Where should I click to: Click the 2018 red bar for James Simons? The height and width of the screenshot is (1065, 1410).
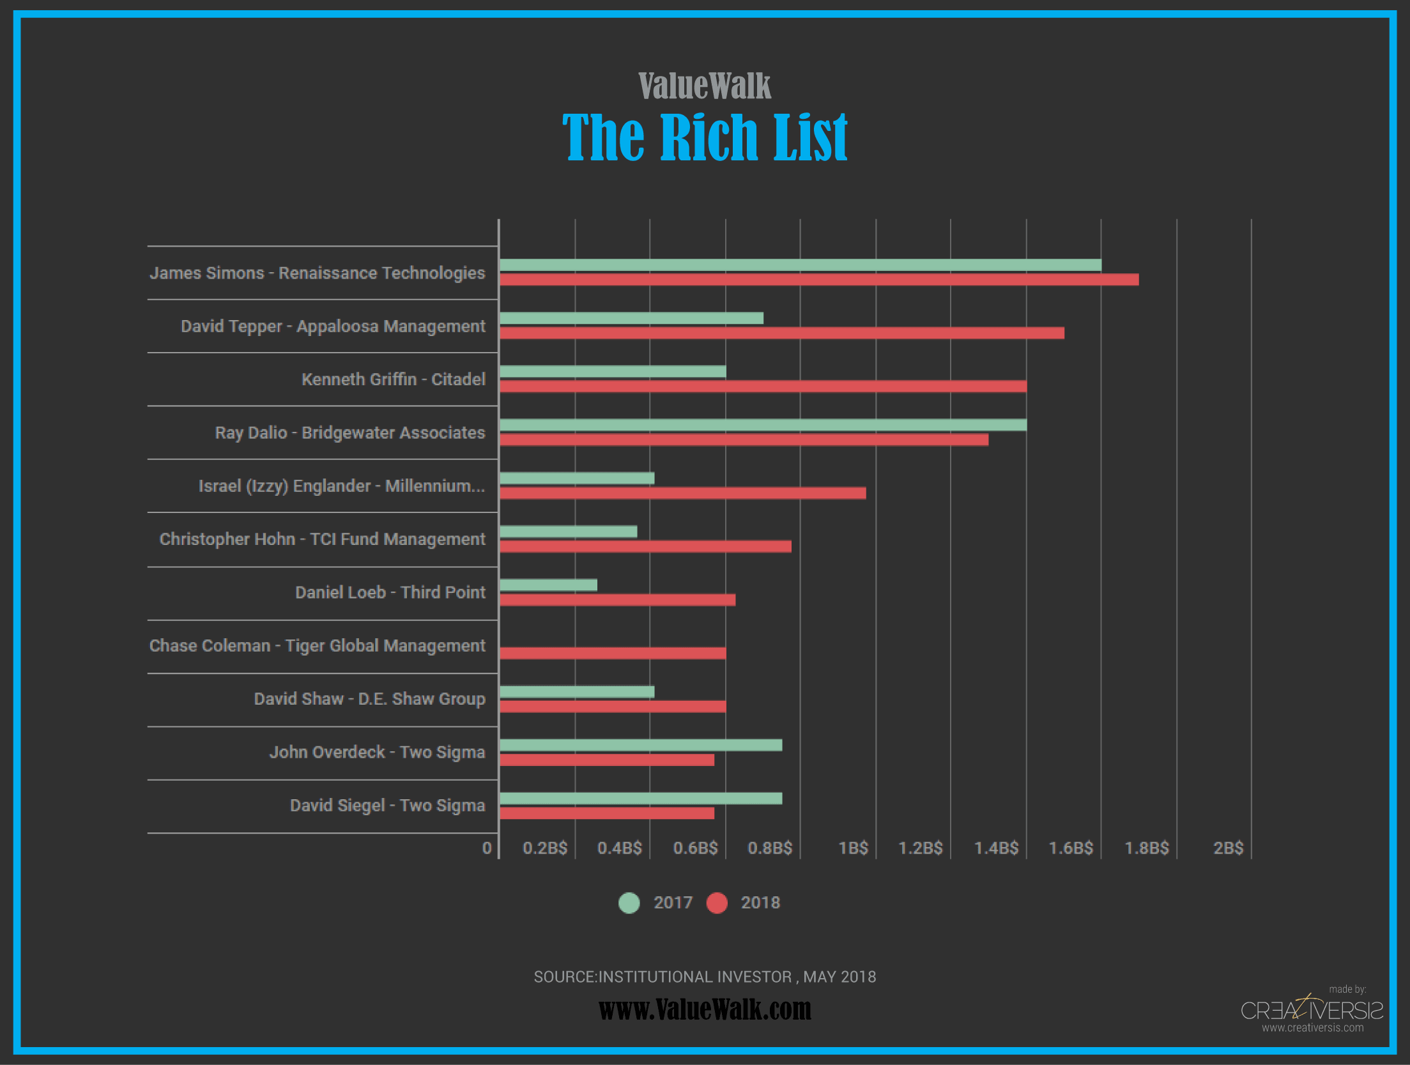coord(818,280)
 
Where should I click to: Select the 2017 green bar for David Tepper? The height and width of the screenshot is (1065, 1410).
coord(631,318)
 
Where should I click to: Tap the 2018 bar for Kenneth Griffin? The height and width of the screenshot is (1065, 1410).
coord(763,387)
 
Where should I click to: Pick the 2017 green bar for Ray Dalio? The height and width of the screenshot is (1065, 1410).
coord(763,425)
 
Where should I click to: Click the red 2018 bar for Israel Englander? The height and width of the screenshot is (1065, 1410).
coord(682,493)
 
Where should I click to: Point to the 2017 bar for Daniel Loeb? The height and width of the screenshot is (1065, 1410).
coord(548,585)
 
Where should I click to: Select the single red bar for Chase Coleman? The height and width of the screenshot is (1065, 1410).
coord(613,653)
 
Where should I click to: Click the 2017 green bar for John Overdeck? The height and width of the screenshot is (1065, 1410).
coord(641,745)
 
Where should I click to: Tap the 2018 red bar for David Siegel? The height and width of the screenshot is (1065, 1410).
coord(607,813)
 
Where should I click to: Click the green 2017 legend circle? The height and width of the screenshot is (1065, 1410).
coord(629,903)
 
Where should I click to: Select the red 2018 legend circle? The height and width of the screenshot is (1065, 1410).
coord(717,903)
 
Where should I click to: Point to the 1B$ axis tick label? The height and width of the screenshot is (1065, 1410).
coord(853,848)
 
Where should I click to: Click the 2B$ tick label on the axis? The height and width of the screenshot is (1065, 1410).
coord(1228,848)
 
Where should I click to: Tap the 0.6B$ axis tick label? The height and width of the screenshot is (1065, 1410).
coord(695,848)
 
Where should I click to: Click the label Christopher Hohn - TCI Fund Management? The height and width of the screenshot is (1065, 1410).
coord(322,539)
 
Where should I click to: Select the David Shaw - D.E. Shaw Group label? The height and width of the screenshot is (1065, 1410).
coord(369,699)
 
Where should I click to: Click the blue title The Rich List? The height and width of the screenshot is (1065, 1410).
coord(705,137)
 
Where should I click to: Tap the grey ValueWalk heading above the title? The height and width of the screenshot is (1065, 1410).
coord(705,86)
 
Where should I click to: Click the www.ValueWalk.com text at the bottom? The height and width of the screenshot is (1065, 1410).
coord(705,1009)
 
